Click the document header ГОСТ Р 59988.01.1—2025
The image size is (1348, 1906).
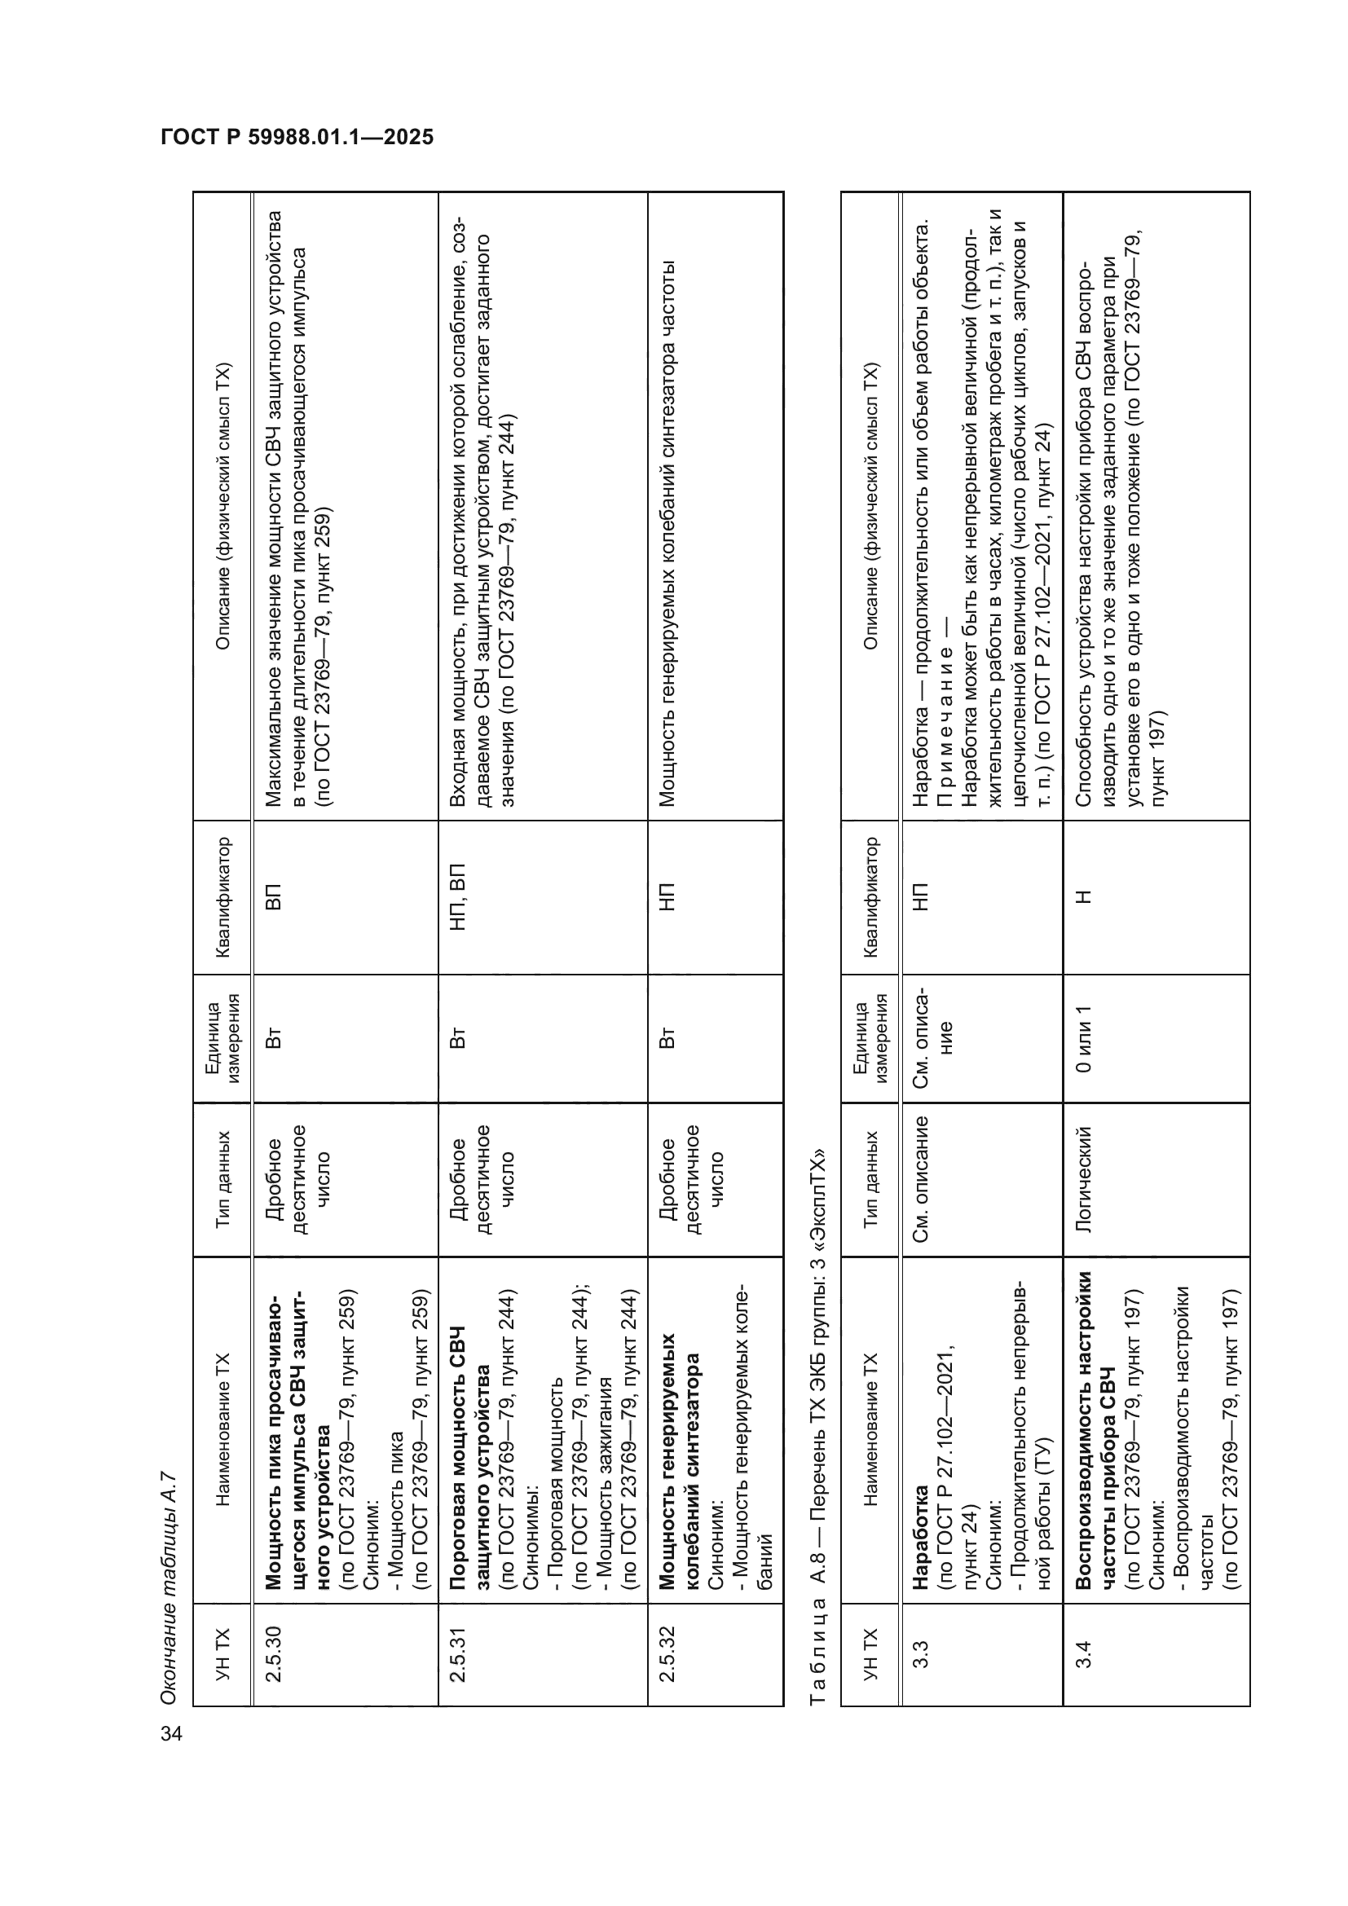[x=297, y=138]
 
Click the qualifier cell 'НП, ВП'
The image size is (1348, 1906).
[x=458, y=896]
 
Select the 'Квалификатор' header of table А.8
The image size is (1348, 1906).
[x=870, y=896]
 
